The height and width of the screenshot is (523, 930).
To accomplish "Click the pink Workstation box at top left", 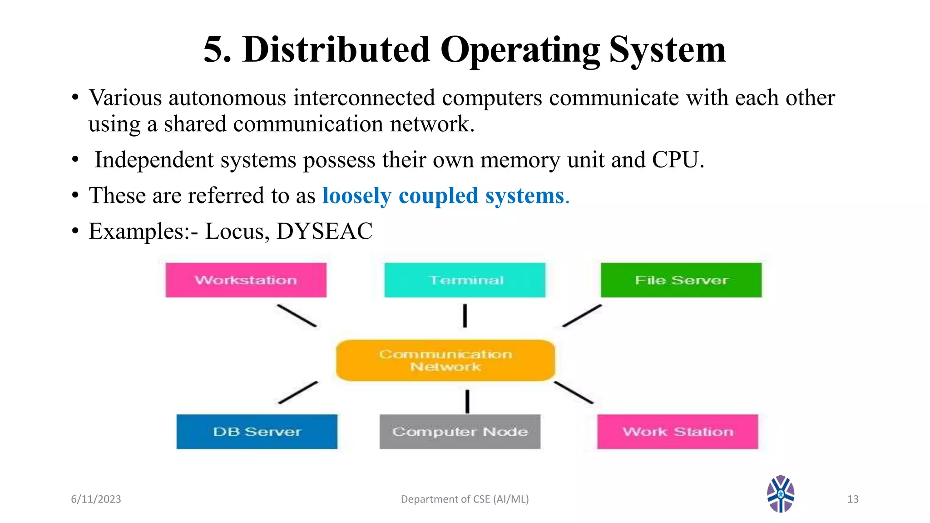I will tap(246, 280).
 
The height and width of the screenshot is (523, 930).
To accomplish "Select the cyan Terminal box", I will tap(465, 280).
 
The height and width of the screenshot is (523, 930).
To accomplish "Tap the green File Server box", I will tap(681, 280).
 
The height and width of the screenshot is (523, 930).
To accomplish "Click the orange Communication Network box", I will tap(445, 360).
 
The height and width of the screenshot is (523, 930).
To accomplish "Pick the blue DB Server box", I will tap(257, 431).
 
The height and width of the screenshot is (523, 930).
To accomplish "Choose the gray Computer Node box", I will tap(460, 431).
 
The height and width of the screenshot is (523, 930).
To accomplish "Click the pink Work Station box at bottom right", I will tap(677, 431).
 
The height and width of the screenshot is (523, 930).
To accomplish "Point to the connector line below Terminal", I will tap(465, 316).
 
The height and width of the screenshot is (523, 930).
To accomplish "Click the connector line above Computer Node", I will tap(467, 401).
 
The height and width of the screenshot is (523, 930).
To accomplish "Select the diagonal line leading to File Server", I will tap(582, 316).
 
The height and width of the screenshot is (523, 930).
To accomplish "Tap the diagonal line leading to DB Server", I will tap(298, 393).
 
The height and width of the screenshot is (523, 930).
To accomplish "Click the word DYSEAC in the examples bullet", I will tap(324, 231).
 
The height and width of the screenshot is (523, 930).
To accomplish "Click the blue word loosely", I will tap(356, 196).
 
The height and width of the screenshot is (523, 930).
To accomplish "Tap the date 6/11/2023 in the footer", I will tap(96, 499).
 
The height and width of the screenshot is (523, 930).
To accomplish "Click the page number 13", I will tap(853, 499).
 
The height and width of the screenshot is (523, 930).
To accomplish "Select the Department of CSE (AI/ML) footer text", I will tap(465, 499).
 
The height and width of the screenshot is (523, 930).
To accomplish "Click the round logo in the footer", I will tap(780, 494).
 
